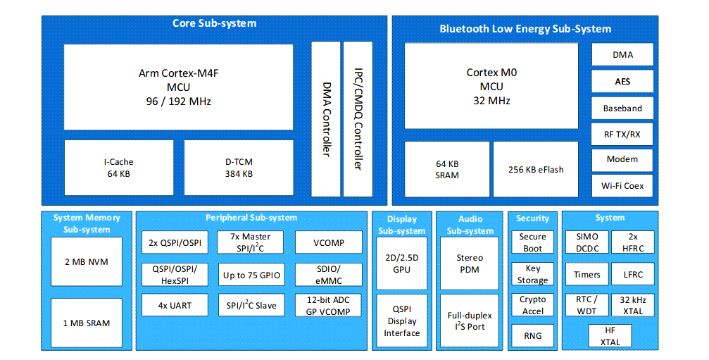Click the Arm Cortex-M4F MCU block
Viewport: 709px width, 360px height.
[178, 87]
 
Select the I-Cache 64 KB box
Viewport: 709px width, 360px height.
[118, 168]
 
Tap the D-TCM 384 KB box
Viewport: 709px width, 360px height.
[239, 168]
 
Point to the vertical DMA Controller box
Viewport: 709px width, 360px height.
[326, 119]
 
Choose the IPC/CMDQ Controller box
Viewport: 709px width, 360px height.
[358, 119]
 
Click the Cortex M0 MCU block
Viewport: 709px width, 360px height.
[491, 86]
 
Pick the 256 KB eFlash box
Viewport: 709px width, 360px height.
[536, 169]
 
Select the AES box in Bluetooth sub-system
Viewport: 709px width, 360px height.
[622, 81]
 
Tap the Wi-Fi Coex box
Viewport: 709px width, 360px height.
[622, 186]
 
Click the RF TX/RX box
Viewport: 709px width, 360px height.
[622, 134]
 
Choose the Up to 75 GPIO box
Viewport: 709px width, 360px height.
[251, 275]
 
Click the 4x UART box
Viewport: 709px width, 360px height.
[175, 306]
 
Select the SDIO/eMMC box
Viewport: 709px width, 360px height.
[328, 275]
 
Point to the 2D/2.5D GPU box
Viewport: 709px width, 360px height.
[401, 263]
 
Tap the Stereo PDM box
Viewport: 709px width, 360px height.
[470, 263]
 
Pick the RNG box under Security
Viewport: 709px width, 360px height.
[533, 335]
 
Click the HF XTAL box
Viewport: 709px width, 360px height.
[610, 336]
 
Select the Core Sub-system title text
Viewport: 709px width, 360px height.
[214, 24]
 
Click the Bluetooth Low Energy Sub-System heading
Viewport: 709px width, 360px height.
[525, 29]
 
